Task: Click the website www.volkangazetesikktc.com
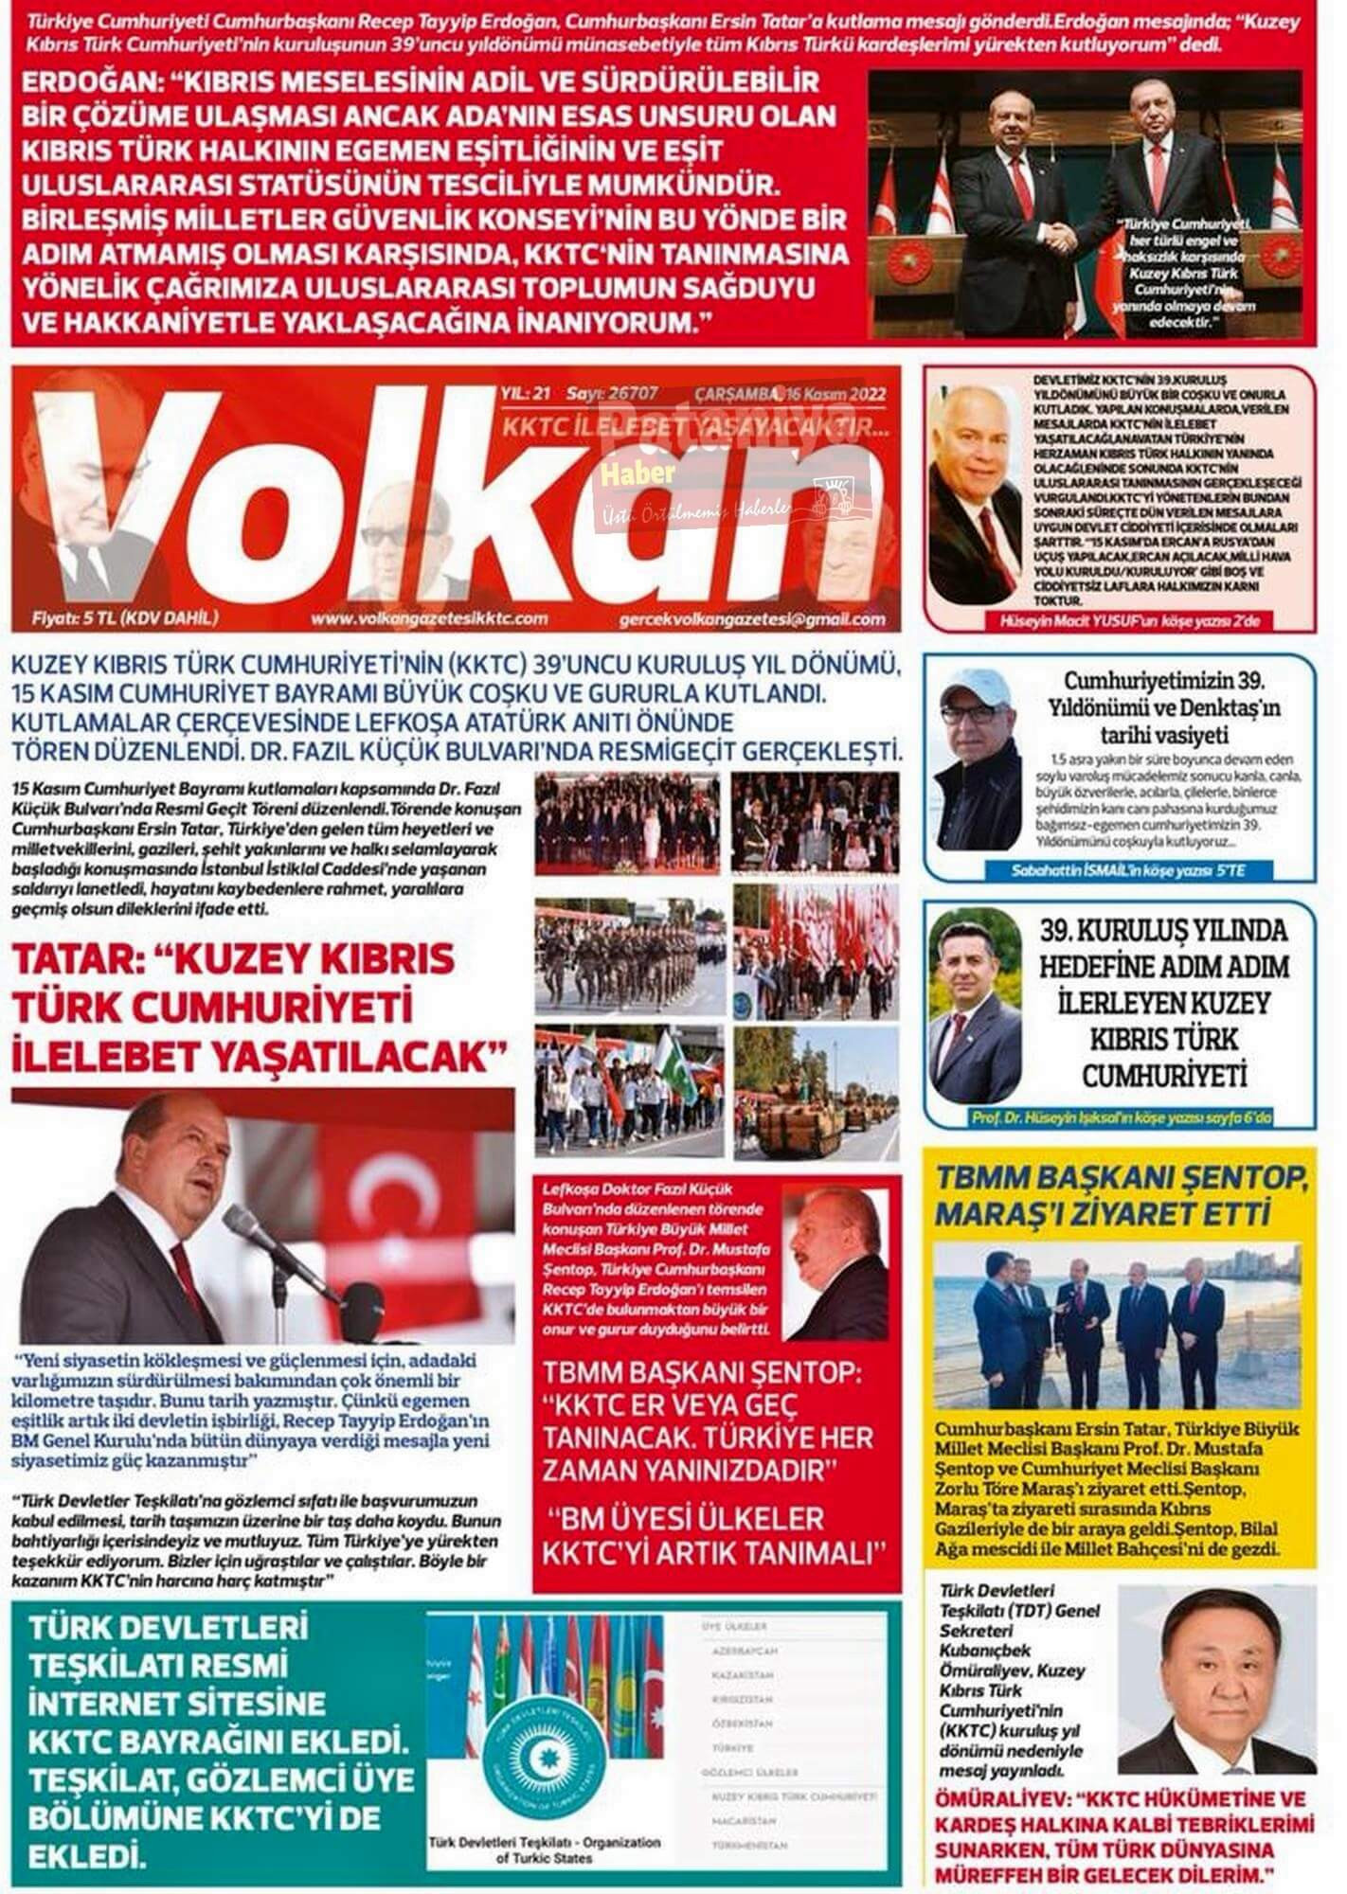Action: click(x=429, y=619)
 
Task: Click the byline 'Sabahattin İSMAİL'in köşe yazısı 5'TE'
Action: click(x=1125, y=870)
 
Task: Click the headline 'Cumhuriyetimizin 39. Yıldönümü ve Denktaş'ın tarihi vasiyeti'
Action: click(x=1146, y=707)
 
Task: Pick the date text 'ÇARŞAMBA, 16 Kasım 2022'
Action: click(x=797, y=394)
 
